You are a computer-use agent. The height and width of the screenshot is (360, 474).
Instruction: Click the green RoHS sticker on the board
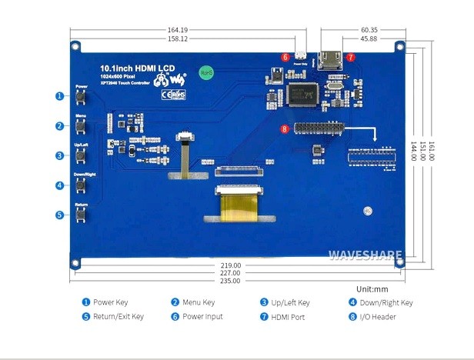tap(205, 72)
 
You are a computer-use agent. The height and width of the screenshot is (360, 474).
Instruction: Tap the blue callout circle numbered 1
tap(59, 96)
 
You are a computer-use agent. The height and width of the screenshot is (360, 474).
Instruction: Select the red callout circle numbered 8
tap(284, 129)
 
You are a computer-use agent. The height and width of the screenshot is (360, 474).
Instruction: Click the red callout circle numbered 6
tap(285, 57)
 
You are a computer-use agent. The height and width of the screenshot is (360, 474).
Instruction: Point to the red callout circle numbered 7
tap(350, 57)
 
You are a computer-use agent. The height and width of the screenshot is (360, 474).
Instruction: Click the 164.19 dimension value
tap(178, 32)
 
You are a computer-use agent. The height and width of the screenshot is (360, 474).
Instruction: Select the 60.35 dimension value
tap(369, 32)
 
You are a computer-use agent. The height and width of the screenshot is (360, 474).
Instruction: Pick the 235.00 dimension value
tap(231, 281)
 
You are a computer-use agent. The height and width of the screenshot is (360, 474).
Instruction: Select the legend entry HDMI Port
tap(289, 316)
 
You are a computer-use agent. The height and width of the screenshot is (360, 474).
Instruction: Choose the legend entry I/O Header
tap(376, 316)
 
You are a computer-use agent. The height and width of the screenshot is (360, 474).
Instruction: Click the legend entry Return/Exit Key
tap(112, 316)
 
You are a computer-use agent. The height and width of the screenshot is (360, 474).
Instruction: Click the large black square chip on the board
tap(302, 93)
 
